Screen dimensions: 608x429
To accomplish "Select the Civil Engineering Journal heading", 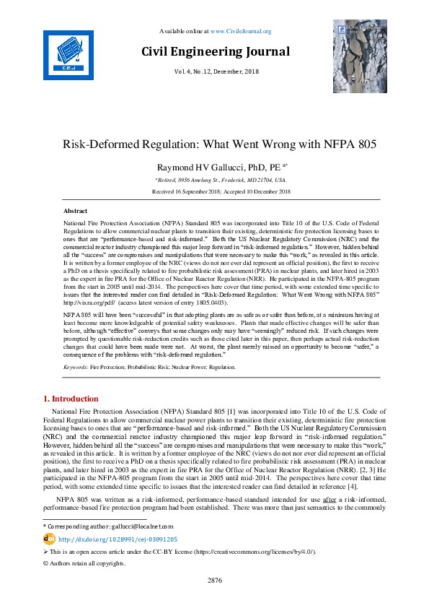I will point(215,52).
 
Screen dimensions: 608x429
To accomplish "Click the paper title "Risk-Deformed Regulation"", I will point(214,144).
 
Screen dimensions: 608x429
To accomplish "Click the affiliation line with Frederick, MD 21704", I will point(214,180).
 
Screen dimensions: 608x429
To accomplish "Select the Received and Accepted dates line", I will point(214,191).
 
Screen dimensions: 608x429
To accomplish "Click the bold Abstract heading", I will point(76,210).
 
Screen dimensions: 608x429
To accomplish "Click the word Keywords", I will point(76,368).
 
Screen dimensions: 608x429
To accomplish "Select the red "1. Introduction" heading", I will point(71,399).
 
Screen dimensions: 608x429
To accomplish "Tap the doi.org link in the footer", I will point(118,539).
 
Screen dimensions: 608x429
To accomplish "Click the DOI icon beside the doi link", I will point(49,539).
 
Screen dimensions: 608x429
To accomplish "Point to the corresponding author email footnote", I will point(108,527).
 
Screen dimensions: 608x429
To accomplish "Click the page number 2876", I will point(214,580).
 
